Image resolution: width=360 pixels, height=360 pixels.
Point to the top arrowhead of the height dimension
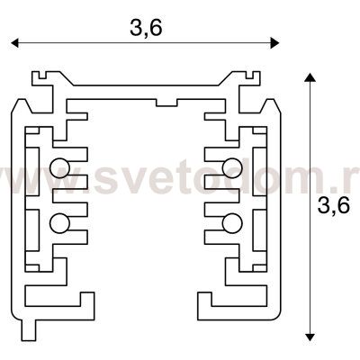[310, 80]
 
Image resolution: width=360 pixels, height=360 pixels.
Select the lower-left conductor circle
[59, 222]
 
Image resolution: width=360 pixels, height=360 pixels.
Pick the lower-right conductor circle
[232, 222]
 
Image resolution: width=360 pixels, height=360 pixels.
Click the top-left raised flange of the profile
[40, 84]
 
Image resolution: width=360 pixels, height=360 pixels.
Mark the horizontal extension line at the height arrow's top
[298, 76]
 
